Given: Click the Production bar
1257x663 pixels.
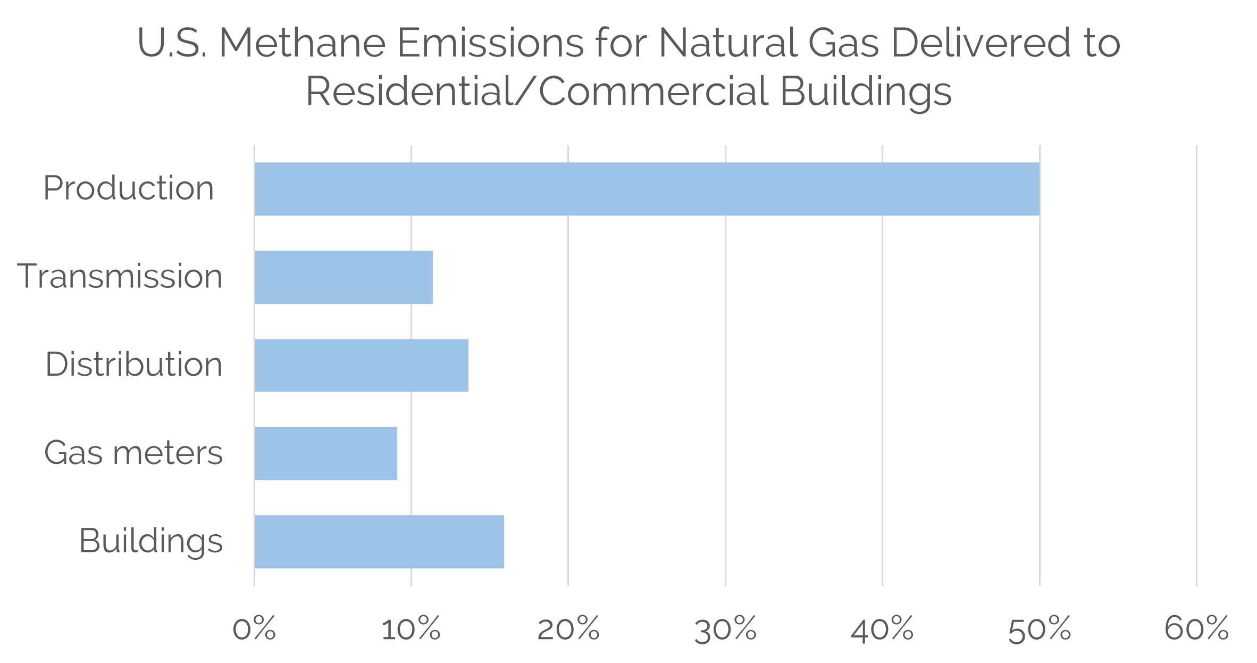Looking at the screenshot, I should tap(647, 189).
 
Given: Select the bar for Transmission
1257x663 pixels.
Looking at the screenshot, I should tap(343, 277).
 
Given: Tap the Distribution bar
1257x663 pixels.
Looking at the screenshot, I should tap(362, 366).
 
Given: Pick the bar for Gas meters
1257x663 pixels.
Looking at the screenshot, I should tap(326, 453).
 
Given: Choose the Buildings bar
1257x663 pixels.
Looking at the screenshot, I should tap(379, 542).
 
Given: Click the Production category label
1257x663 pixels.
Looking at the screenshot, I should tap(129, 189).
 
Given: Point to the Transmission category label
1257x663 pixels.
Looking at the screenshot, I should tap(120, 277).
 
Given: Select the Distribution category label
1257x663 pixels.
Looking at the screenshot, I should tap(133, 365).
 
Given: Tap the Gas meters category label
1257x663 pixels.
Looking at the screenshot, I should tap(133, 453).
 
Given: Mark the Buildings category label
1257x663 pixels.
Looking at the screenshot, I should tap(150, 542).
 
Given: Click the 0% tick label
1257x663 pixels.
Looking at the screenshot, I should tap(254, 629).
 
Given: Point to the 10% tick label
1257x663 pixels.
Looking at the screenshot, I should tap(411, 629).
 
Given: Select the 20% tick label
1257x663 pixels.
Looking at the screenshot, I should tap(568, 629).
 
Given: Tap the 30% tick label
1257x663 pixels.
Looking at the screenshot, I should tap(726, 629).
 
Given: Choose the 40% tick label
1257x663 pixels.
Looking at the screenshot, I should tap(883, 629).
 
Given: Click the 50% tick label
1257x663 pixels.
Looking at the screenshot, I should tap(1040, 629).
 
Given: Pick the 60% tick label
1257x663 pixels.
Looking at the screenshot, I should tap(1196, 629).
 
